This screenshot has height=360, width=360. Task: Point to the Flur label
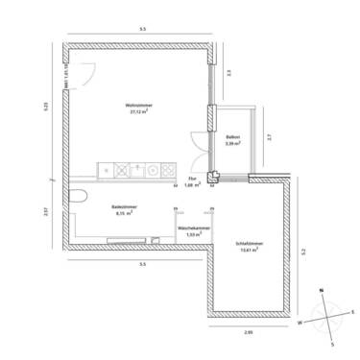click(x=192, y=179)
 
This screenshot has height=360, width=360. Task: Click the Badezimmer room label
click(x=122, y=206)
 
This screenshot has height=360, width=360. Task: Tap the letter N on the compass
click(x=323, y=288)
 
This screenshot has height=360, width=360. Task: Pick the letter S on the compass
click(x=332, y=342)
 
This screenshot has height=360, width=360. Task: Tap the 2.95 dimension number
click(x=248, y=331)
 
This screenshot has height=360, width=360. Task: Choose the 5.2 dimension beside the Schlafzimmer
click(x=305, y=251)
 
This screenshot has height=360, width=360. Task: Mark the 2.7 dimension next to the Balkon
click(x=269, y=137)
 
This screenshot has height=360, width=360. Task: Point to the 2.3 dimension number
click(x=228, y=72)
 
